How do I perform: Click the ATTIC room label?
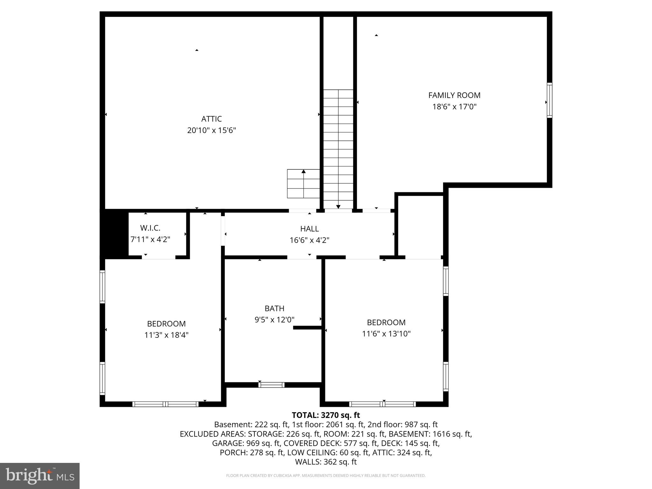click(x=211, y=119)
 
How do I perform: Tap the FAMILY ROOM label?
click(x=454, y=95)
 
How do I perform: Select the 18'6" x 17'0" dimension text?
click(x=454, y=107)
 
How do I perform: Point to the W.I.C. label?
click(x=150, y=228)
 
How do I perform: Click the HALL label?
click(x=309, y=229)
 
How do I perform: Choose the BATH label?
click(x=274, y=308)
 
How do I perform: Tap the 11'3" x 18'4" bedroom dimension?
click(x=166, y=335)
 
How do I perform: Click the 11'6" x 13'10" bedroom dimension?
click(x=386, y=334)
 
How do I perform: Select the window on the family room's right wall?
click(x=549, y=100)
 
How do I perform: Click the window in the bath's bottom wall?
click(x=271, y=385)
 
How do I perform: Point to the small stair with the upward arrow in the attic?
click(x=303, y=184)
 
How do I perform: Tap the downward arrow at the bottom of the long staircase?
click(x=338, y=207)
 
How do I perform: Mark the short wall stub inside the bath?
click(x=307, y=327)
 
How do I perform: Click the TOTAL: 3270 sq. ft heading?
click(x=326, y=415)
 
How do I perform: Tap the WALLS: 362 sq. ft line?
click(x=326, y=462)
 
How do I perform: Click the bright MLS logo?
click(x=40, y=476)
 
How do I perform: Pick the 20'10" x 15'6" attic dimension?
click(x=211, y=130)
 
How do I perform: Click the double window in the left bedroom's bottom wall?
click(x=166, y=404)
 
